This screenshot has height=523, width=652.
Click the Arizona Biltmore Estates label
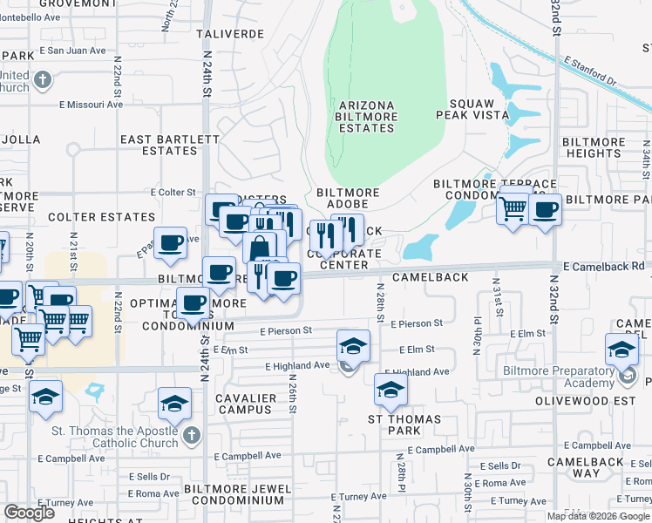pos(366,117)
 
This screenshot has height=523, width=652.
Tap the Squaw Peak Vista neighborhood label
pos(477,108)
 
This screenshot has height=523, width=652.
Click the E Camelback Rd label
pos(603,265)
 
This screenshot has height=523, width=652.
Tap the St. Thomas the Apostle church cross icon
pos(192,435)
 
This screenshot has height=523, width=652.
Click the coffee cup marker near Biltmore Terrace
pos(546,209)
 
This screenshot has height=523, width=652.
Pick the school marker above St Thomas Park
pos(391,390)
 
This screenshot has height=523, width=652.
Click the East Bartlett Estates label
pos(170,145)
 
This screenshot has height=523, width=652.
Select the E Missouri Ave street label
pos(91,105)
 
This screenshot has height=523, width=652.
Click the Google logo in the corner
pos(30,513)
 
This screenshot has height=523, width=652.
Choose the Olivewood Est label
pos(601,402)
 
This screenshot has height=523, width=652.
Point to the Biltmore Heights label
pos(592,147)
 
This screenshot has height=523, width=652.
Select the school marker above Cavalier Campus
pos(174,404)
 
